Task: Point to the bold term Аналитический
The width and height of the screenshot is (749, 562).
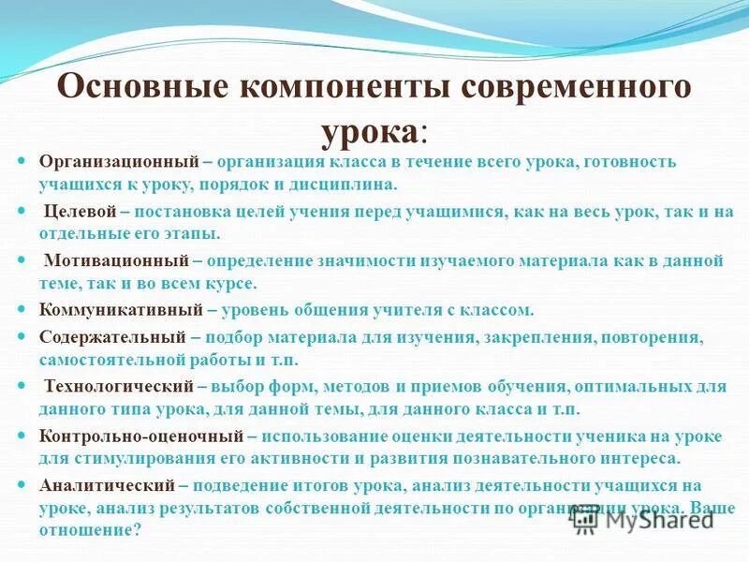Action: click(x=107, y=484)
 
